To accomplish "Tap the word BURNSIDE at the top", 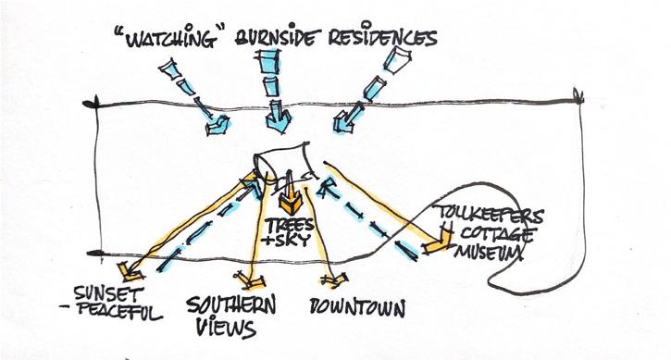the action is tap(277, 37).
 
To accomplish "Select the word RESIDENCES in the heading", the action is tap(382, 37).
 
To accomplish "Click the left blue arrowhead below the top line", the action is tap(217, 126).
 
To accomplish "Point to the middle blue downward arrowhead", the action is tap(279, 121).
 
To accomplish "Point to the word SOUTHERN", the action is tap(231, 304).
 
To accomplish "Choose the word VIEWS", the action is tap(226, 329).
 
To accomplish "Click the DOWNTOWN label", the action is tap(357, 307).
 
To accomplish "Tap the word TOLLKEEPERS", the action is tap(489, 214).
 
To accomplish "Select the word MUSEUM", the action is tap(489, 252).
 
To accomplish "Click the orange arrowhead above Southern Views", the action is tap(250, 279).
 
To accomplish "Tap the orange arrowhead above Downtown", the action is tap(335, 279).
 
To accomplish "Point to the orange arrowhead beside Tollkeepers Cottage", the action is tap(438, 244).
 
